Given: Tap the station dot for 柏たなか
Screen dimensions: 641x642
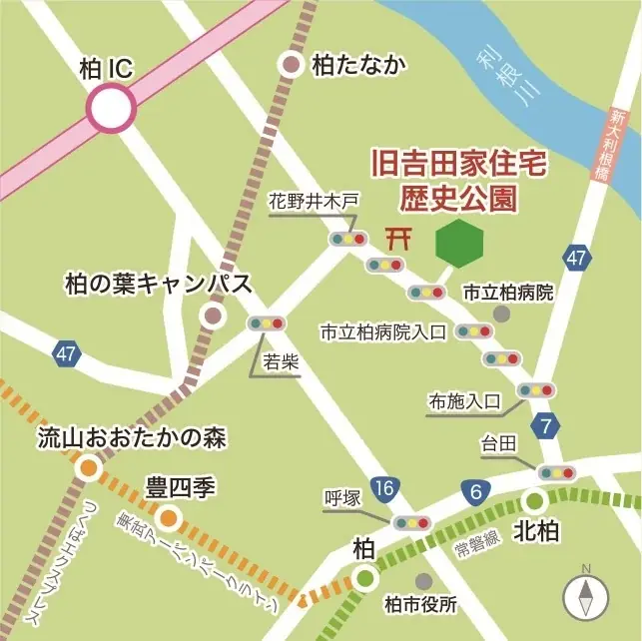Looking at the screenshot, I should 292,66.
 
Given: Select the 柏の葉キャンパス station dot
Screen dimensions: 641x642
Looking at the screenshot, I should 213,317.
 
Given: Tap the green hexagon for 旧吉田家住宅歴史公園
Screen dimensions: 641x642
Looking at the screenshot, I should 459,243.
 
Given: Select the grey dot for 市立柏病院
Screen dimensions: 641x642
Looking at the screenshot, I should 501,314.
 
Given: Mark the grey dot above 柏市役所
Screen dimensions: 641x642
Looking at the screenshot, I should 424,580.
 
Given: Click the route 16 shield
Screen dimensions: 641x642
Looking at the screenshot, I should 384,487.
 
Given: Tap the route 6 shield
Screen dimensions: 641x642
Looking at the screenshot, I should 475,490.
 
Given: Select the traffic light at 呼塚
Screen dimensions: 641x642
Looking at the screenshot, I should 410,522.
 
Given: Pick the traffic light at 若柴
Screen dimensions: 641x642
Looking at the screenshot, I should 266,323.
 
